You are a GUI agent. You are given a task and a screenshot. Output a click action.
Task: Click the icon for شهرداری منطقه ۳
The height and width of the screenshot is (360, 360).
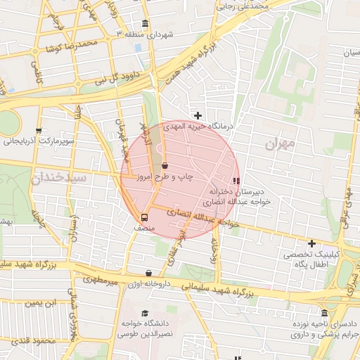tap(146, 22)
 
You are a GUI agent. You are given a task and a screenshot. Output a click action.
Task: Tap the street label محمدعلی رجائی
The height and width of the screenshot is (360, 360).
tap(245, 5)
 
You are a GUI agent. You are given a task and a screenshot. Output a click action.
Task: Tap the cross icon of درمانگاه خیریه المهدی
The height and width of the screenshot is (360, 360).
tap(198, 115)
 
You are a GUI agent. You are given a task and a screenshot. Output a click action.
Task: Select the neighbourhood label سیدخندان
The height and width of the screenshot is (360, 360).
tap(59, 178)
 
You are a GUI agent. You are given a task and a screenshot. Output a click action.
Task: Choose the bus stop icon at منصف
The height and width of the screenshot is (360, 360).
tap(145, 217)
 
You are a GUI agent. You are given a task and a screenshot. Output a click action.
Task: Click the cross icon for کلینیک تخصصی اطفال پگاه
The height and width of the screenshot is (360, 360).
tap(311, 243)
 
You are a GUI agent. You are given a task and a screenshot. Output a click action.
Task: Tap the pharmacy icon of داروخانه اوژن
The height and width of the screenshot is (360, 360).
tap(148, 273)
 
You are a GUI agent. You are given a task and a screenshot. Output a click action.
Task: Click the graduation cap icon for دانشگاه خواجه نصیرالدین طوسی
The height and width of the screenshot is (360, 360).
tap(145, 314)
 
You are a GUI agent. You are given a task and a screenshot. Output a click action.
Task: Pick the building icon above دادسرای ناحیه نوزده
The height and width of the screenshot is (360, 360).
tap(324, 313)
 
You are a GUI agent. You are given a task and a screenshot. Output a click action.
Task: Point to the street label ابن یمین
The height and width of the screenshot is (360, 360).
tap(40, 303)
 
